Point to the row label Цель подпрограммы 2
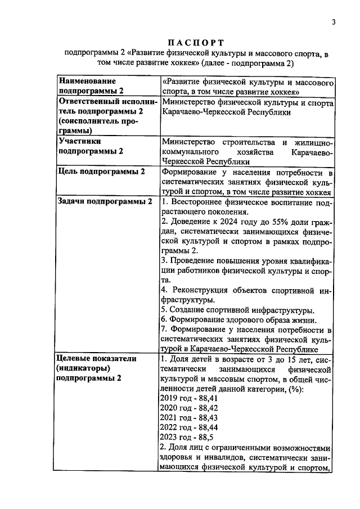(x=101, y=172)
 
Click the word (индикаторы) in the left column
(x=83, y=368)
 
